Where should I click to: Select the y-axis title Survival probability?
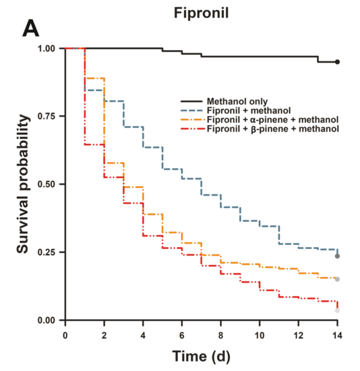point(24,185)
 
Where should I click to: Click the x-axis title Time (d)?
point(201,355)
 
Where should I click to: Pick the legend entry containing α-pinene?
point(272,119)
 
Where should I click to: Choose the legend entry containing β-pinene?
point(272,128)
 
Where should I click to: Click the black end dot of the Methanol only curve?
point(337,62)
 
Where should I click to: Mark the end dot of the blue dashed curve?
point(337,256)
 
